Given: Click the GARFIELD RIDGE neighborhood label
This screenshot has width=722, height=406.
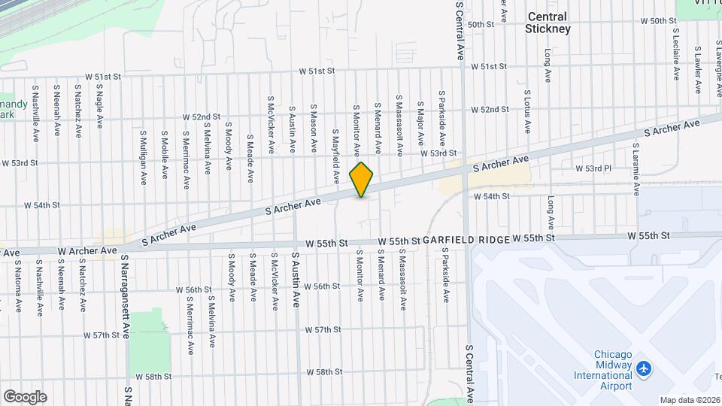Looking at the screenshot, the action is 465,239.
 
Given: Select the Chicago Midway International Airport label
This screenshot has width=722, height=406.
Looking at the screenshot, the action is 613,370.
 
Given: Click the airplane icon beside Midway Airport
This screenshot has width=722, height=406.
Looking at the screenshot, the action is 643,369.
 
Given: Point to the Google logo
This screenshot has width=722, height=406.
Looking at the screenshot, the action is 25,396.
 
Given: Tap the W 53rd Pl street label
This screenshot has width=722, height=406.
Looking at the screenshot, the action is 593,168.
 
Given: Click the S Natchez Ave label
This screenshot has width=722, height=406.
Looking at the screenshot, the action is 78,110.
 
